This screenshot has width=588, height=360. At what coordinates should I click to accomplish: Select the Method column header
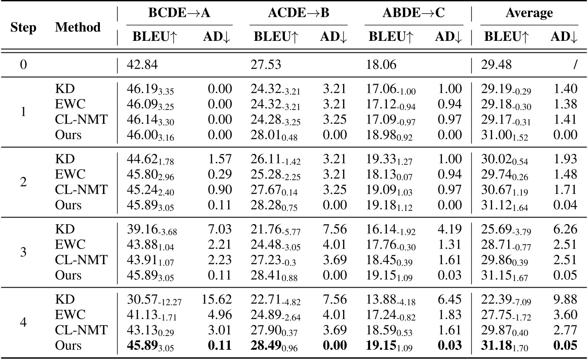pos(78,28)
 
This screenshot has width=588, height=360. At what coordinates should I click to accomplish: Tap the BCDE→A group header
pos(179,13)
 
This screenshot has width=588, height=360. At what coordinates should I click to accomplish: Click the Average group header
pos(529,13)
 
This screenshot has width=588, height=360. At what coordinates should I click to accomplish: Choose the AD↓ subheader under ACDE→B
pos(333,38)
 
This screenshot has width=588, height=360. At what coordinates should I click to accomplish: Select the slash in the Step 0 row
pos(575,65)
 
